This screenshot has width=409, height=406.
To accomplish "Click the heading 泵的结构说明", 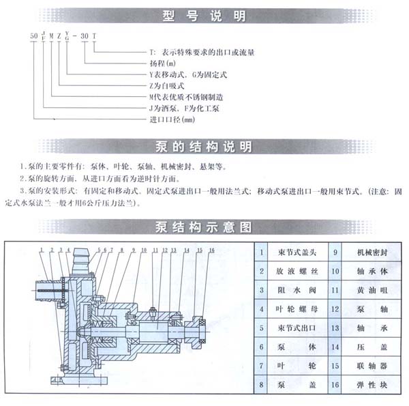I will tap(204, 147).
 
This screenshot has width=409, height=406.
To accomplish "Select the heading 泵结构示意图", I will tap(204, 227).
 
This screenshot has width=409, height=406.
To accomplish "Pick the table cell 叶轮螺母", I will tap(292, 308).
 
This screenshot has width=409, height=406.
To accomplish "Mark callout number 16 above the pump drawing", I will tap(212, 251).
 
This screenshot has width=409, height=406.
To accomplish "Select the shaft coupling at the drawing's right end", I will tap(200, 323).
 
